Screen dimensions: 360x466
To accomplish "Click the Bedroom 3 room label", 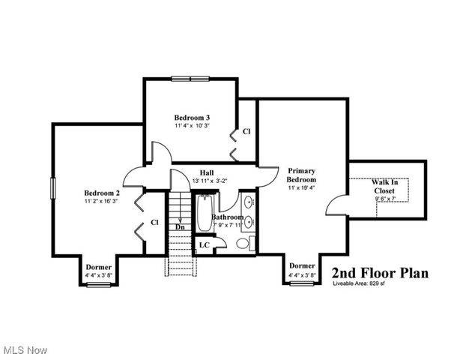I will click(x=192, y=118).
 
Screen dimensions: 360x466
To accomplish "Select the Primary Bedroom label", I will click(x=302, y=175).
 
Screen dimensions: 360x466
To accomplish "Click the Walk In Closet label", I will click(x=384, y=186).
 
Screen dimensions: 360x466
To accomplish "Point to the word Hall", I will click(x=208, y=172).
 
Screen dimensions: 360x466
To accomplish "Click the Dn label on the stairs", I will click(x=180, y=226).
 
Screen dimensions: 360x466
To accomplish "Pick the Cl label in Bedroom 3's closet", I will click(x=246, y=132).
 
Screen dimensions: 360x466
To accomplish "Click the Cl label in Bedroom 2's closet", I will click(x=154, y=222).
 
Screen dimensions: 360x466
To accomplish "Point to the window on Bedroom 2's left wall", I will click(x=52, y=187).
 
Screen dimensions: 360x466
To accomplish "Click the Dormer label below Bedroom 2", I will click(x=99, y=267).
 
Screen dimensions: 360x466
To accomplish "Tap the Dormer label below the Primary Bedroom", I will click(x=302, y=265).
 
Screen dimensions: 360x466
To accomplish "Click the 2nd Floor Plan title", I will click(x=380, y=273).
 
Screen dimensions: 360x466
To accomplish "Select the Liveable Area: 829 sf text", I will click(x=359, y=284).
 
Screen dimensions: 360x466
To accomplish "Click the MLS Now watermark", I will click(x=25, y=350).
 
